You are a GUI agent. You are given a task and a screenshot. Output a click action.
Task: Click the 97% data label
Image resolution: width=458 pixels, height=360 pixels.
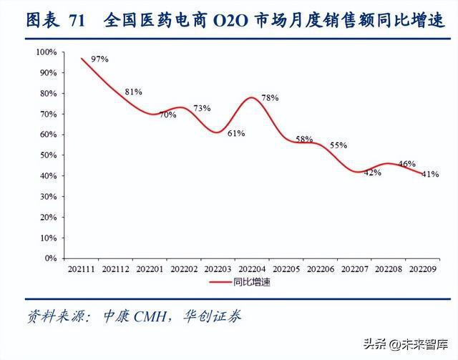point(100,59)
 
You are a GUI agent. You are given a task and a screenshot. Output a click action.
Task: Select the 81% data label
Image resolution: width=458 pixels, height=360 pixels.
point(134,92)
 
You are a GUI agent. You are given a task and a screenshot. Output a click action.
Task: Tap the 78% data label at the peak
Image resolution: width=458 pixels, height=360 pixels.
point(270,97)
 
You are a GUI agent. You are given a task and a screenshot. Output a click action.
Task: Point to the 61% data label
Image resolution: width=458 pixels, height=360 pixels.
point(237,132)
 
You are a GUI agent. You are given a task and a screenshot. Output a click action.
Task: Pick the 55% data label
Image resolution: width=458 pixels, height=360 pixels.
point(338,145)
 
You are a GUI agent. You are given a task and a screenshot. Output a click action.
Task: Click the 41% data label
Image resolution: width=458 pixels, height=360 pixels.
point(430,174)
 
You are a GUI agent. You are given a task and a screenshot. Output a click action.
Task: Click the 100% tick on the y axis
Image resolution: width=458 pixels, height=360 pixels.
point(47,52)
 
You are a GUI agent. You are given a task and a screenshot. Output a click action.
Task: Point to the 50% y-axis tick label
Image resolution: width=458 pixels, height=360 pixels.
point(48,155)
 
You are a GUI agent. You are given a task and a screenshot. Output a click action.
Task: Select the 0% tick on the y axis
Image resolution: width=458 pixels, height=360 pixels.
point(50,258)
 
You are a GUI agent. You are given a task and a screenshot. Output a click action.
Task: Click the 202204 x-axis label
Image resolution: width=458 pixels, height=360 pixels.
point(251,269)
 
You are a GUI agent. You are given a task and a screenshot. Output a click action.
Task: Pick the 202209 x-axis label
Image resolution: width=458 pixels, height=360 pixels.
point(422,269)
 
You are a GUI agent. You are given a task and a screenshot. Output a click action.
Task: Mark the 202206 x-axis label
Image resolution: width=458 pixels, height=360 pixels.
point(319,269)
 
